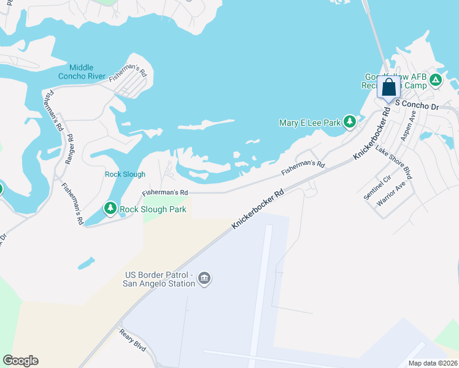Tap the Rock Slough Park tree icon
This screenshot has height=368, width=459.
110,209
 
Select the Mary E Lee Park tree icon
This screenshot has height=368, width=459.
349,122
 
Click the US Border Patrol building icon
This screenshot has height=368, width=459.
205,279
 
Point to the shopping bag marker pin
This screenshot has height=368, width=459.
389,88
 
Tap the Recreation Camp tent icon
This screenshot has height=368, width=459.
435,80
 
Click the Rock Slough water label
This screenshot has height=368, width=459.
125,174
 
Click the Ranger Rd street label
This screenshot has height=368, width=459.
71,148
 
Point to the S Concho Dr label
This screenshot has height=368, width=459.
417,105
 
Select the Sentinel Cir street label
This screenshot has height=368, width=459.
377,187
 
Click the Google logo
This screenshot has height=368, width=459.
20,361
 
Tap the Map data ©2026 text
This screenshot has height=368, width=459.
433,363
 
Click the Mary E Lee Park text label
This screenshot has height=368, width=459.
309,123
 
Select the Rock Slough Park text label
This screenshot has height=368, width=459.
153,209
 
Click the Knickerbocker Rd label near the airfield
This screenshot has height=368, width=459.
259,209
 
